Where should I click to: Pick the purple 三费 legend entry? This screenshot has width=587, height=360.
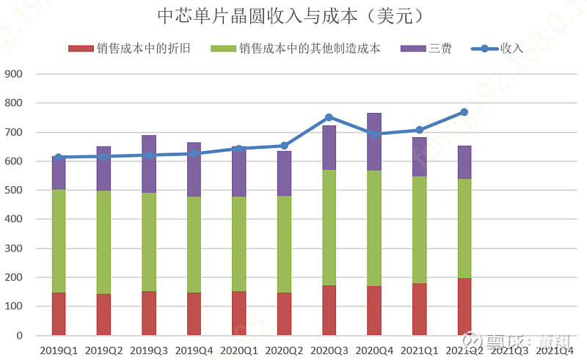426,48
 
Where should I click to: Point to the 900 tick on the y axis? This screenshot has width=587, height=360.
14,74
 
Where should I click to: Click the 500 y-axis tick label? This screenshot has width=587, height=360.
14,190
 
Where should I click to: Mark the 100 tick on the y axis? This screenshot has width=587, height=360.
14,306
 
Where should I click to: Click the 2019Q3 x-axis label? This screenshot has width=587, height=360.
149,350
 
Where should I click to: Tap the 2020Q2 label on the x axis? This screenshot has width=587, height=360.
284,350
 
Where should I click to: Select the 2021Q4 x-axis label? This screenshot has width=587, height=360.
555,350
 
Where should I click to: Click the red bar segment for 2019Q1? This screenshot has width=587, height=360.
59,314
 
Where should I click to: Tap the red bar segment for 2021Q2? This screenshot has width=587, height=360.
464,306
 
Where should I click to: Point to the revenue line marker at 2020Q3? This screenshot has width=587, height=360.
329,117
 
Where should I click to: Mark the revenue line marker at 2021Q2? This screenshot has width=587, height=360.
464,112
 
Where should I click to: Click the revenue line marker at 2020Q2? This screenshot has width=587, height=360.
284,145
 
